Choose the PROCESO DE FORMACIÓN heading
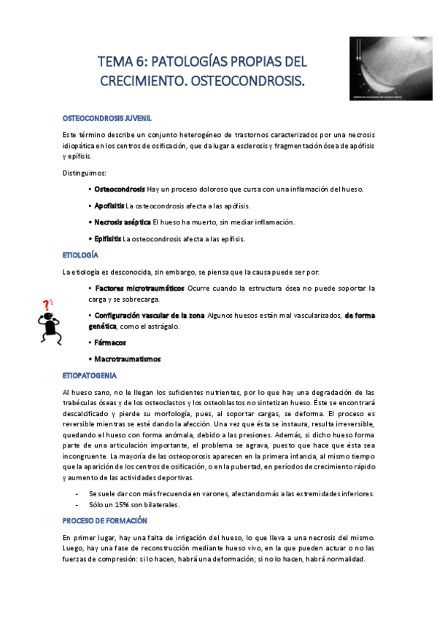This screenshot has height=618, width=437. pos(105,521)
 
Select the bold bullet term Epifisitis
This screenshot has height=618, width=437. pos(108,239)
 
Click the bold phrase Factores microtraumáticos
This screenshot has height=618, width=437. pos(139,289)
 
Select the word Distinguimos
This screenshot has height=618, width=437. pos(85,172)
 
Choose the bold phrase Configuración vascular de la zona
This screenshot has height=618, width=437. pos(150,315)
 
